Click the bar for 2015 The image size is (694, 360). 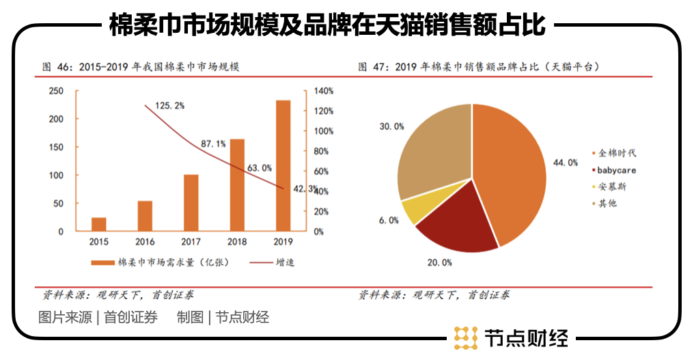(99, 224)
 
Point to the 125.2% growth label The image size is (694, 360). (170, 106)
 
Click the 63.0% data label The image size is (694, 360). (260, 167)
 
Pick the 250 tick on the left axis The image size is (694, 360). (56, 91)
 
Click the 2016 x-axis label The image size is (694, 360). (145, 241)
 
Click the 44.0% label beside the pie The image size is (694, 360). (566, 163)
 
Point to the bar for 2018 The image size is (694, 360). (237, 185)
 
